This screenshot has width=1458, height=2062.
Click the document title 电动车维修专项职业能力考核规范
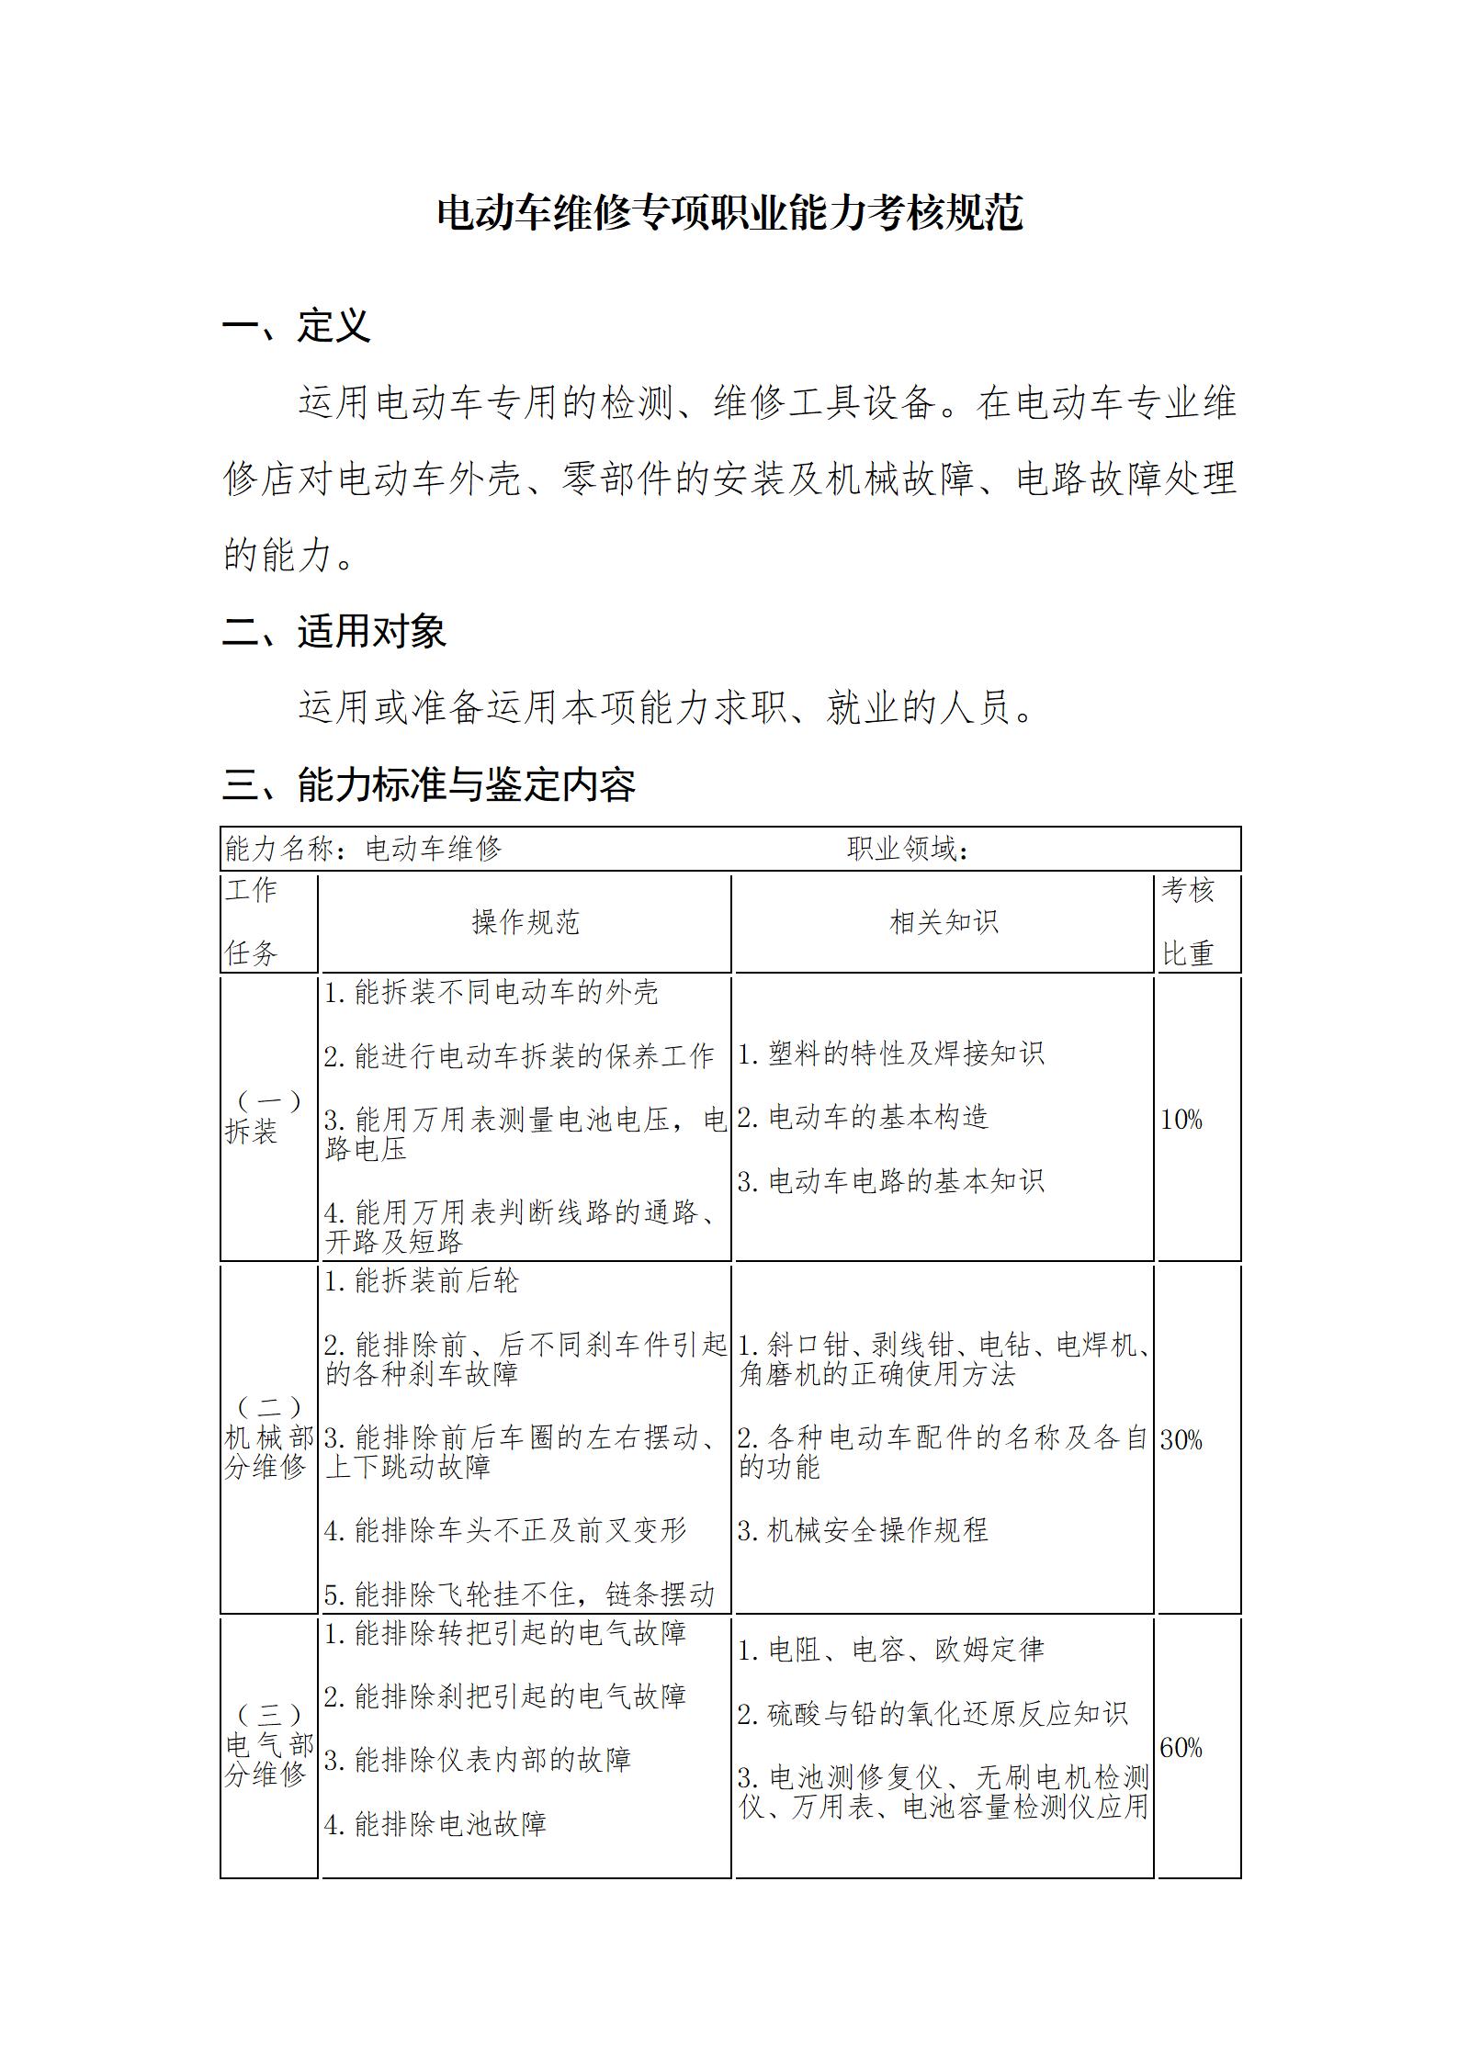tap(729, 213)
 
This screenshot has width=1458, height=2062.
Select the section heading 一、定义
tap(296, 325)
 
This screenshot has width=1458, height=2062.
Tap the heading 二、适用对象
tap(333, 631)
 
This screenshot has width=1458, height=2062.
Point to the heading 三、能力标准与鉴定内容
tap(428, 784)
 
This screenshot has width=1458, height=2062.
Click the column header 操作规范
tap(525, 922)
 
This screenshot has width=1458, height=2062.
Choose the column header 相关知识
tap(943, 922)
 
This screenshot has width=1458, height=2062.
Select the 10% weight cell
tap(1181, 1119)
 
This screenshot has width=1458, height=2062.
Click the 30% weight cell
tap(1181, 1439)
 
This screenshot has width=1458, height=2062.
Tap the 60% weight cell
tap(1181, 1747)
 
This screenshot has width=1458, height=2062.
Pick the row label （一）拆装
tap(267, 1117)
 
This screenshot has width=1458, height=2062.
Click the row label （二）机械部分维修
tap(268, 1437)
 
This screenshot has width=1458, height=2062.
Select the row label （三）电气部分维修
tap(268, 1745)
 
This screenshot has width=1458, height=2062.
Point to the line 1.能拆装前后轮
tap(422, 1280)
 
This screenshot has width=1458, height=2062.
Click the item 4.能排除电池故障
tap(435, 1823)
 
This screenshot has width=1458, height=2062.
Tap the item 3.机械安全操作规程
tap(863, 1529)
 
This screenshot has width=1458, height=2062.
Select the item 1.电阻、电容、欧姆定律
tap(890, 1650)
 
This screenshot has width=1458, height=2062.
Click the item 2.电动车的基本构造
tap(863, 1117)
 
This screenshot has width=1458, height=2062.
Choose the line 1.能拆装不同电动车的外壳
tap(491, 992)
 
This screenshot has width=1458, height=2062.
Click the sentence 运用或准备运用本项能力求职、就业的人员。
tap(667, 707)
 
